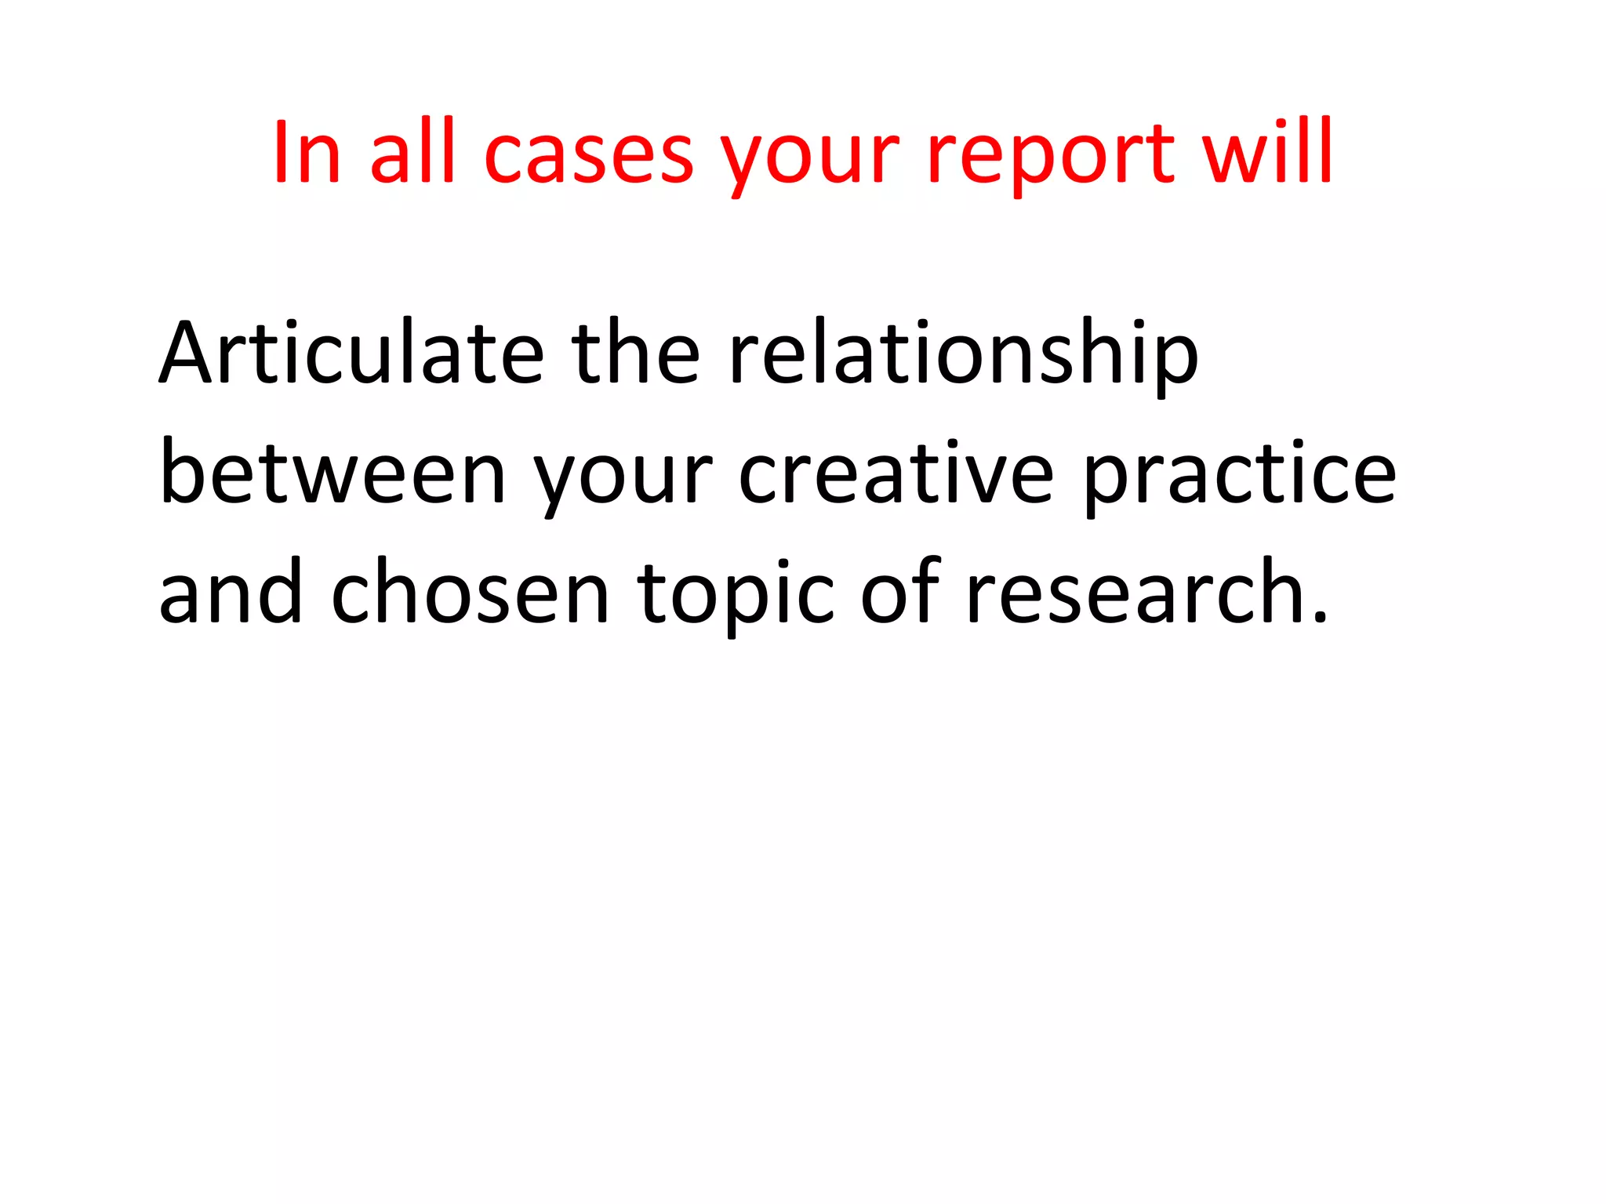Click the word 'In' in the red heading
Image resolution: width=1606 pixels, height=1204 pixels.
(307, 153)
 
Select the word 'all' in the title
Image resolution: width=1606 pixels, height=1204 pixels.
(412, 153)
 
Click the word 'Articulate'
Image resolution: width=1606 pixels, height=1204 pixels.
(352, 354)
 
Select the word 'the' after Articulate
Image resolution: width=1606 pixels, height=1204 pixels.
(635, 354)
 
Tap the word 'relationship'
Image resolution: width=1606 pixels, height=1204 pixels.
(963, 357)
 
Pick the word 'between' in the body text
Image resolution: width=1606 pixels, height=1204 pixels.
(333, 474)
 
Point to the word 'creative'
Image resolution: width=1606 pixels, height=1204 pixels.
(896, 474)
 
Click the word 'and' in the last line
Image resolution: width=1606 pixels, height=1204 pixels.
(230, 593)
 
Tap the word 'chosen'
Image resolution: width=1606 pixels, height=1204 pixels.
(470, 593)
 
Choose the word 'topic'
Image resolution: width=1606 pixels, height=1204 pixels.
(735, 597)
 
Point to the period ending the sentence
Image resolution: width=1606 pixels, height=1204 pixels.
(1320, 617)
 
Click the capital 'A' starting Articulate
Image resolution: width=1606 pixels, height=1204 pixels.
(187, 354)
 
